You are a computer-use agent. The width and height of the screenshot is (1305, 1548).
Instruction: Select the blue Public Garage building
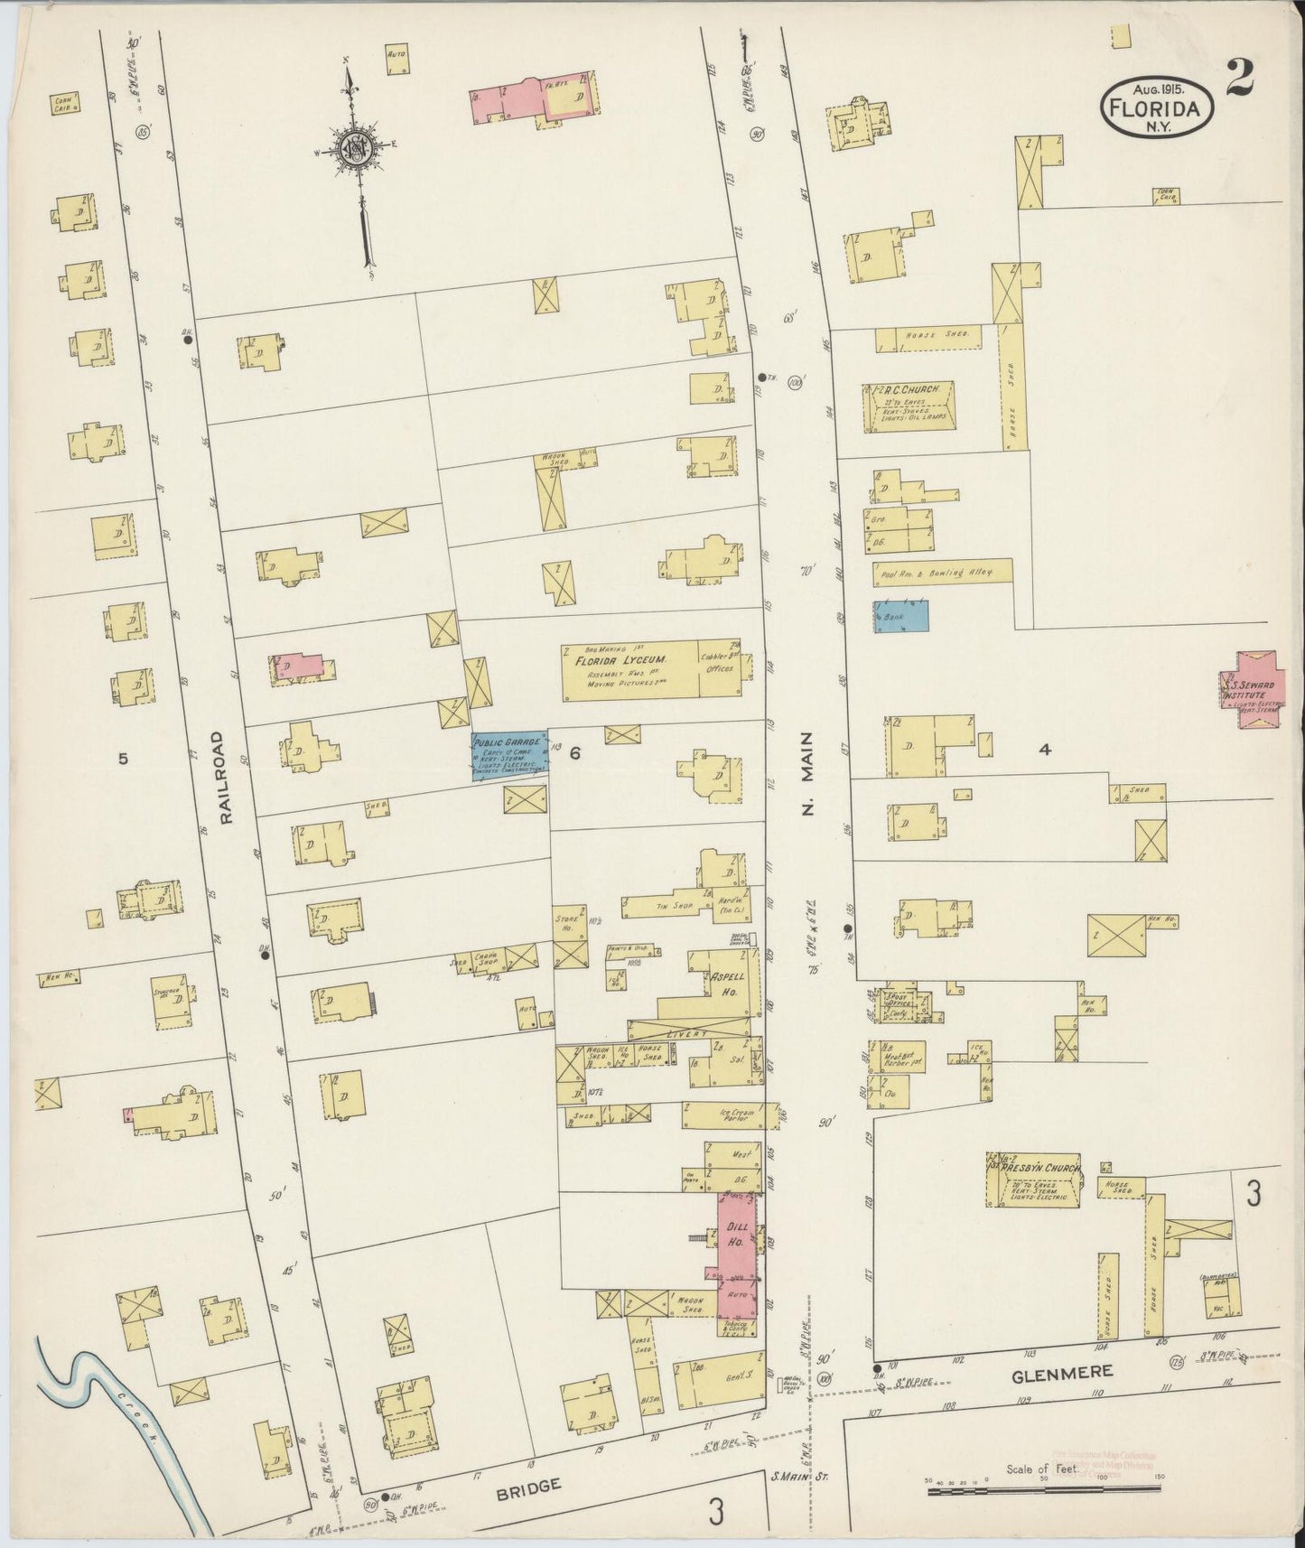point(509,754)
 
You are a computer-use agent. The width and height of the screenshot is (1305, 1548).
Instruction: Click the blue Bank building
point(900,616)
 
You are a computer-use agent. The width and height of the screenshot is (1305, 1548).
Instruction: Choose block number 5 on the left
point(124,759)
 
